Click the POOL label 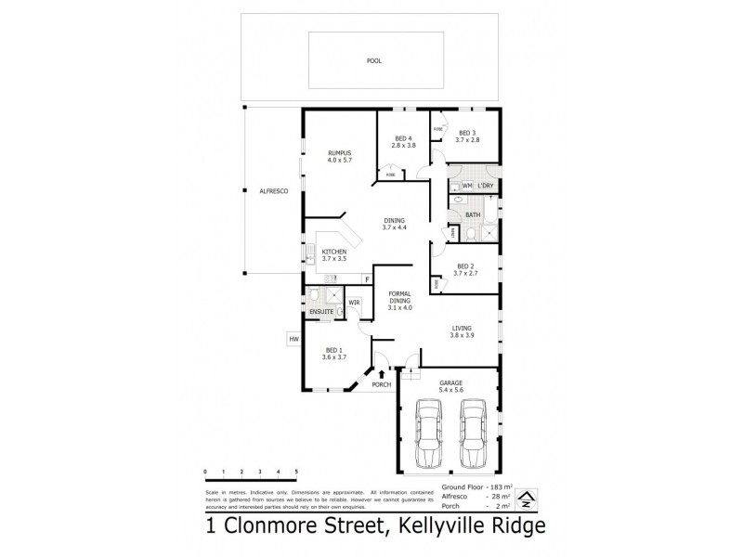tap(373, 60)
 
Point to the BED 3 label tap(467, 132)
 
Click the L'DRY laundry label tap(484, 187)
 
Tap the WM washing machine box tap(467, 187)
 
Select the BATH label tap(473, 214)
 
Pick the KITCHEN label tap(334, 252)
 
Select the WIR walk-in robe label tap(354, 303)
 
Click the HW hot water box tap(293, 340)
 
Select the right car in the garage tap(474, 434)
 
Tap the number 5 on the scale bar tap(296, 473)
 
